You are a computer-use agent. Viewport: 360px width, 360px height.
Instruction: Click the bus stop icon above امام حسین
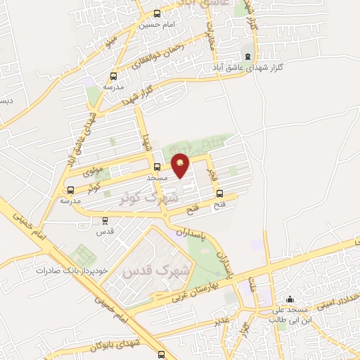pyautogui.click(x=156, y=13)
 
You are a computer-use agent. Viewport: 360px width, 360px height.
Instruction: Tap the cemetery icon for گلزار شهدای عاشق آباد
pyautogui.click(x=246, y=57)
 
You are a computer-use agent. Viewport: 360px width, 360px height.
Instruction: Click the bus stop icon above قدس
pyautogui.click(x=105, y=220)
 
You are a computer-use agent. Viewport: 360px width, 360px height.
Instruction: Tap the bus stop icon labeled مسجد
pyautogui.click(x=156, y=167)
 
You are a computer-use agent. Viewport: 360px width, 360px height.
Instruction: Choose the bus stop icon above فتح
pyautogui.click(x=219, y=193)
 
